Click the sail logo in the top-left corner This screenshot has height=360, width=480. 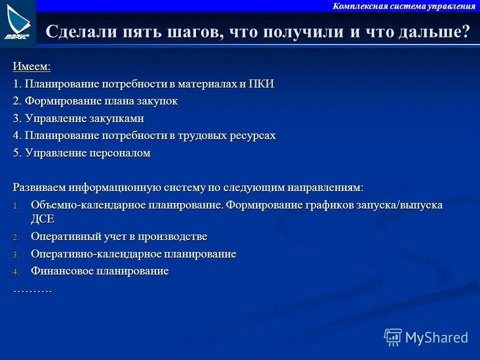coord(18,22)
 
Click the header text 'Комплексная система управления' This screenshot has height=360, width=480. coord(404,6)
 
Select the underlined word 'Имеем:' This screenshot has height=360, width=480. coord(31,66)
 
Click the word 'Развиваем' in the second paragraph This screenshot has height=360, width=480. coord(39,187)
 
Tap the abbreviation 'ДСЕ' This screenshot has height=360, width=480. coord(42,219)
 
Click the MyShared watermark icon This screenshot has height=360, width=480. coord(392,337)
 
